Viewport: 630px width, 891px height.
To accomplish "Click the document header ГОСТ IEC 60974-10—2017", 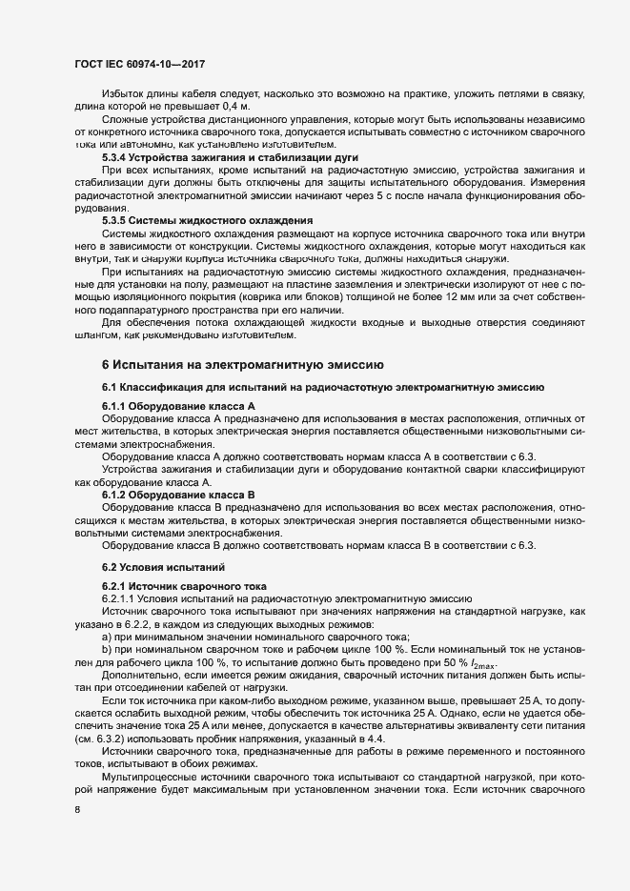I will coord(141,65).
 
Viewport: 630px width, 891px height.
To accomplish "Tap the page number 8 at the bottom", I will coord(76,811).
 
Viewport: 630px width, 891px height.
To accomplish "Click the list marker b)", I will coord(108,649).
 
